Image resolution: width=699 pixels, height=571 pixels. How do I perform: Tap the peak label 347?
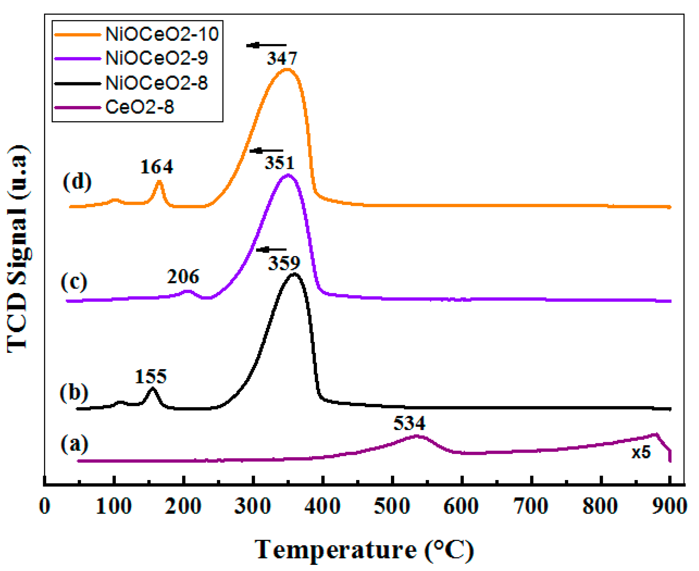282,59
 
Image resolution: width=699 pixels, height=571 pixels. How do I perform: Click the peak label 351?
279,163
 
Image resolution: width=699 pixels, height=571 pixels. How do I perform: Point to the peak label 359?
284,263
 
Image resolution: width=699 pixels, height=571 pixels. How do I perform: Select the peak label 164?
156,167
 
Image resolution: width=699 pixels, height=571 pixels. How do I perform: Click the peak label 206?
183,276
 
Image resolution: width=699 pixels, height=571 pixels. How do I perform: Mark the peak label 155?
151,376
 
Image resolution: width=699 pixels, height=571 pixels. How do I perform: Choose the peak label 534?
409,423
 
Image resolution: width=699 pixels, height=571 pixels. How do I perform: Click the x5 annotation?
641,453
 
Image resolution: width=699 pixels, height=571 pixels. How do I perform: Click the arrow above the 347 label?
266,45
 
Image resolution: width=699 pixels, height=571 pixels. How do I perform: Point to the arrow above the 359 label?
271,250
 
